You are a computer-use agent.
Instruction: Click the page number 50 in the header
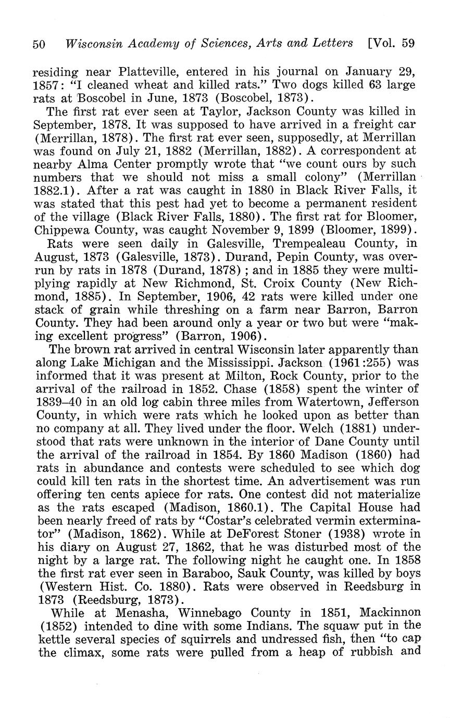point(39,44)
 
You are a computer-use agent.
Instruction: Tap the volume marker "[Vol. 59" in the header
point(391,43)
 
